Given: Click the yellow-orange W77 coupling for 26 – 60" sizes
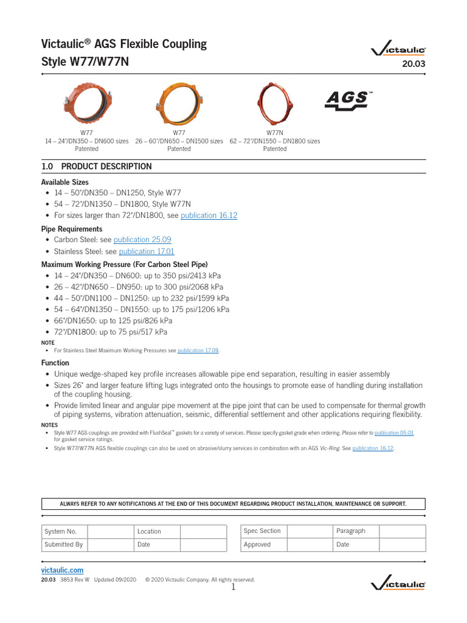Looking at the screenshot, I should click(179, 102).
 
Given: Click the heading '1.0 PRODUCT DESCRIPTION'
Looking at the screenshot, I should click(96, 166).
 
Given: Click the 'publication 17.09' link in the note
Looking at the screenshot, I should click(198, 350).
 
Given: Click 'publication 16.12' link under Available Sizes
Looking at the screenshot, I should click(209, 215).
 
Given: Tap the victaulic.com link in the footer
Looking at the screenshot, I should click(62, 570).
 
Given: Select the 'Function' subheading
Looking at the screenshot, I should click(55, 363).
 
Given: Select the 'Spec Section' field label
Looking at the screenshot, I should click(262, 531).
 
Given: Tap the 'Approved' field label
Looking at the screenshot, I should click(257, 545).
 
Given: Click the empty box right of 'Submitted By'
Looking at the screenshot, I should click(111, 545).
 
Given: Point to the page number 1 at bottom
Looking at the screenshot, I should click(233, 587).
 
